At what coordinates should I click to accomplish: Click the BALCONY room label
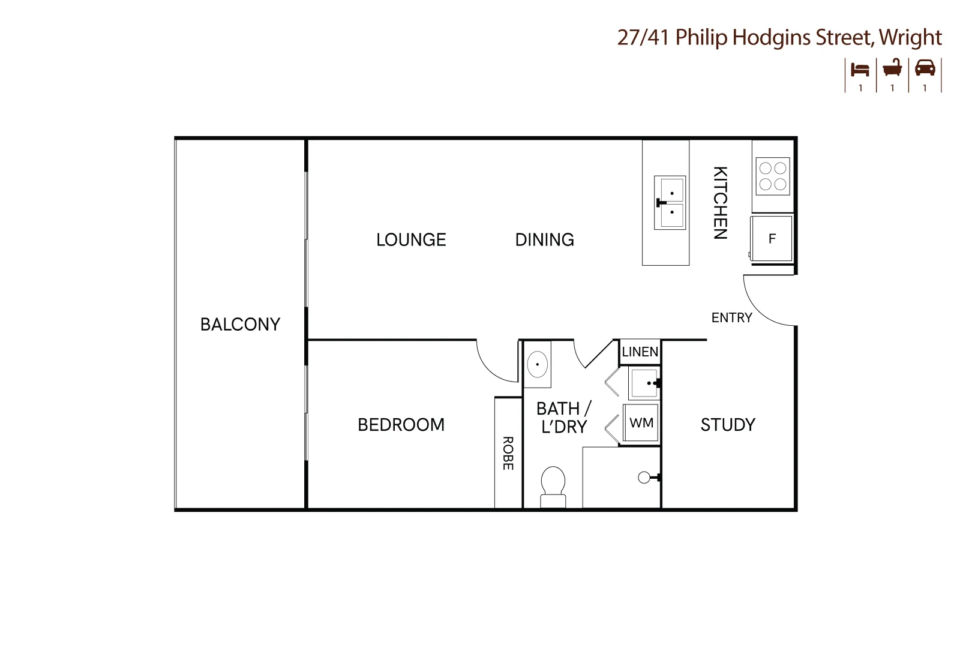(x=240, y=325)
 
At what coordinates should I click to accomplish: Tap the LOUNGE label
(x=411, y=240)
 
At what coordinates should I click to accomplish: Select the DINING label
(x=544, y=240)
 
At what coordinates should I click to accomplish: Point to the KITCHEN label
(x=720, y=203)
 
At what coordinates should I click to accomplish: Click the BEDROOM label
(x=401, y=425)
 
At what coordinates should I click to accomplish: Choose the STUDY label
(x=728, y=425)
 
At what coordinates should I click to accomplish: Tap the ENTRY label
(x=731, y=317)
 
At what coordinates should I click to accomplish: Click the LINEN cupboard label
(x=640, y=352)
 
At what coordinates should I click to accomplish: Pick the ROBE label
(x=508, y=453)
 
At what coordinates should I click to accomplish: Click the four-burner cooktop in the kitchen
(x=773, y=176)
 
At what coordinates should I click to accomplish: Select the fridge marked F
(x=772, y=239)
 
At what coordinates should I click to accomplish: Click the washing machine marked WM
(x=641, y=423)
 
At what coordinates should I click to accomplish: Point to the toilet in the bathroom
(x=553, y=486)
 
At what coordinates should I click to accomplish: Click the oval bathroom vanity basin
(x=537, y=364)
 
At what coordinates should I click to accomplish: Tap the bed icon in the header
(x=860, y=69)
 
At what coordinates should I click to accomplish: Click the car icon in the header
(x=925, y=68)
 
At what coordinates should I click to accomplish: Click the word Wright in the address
(x=910, y=37)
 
